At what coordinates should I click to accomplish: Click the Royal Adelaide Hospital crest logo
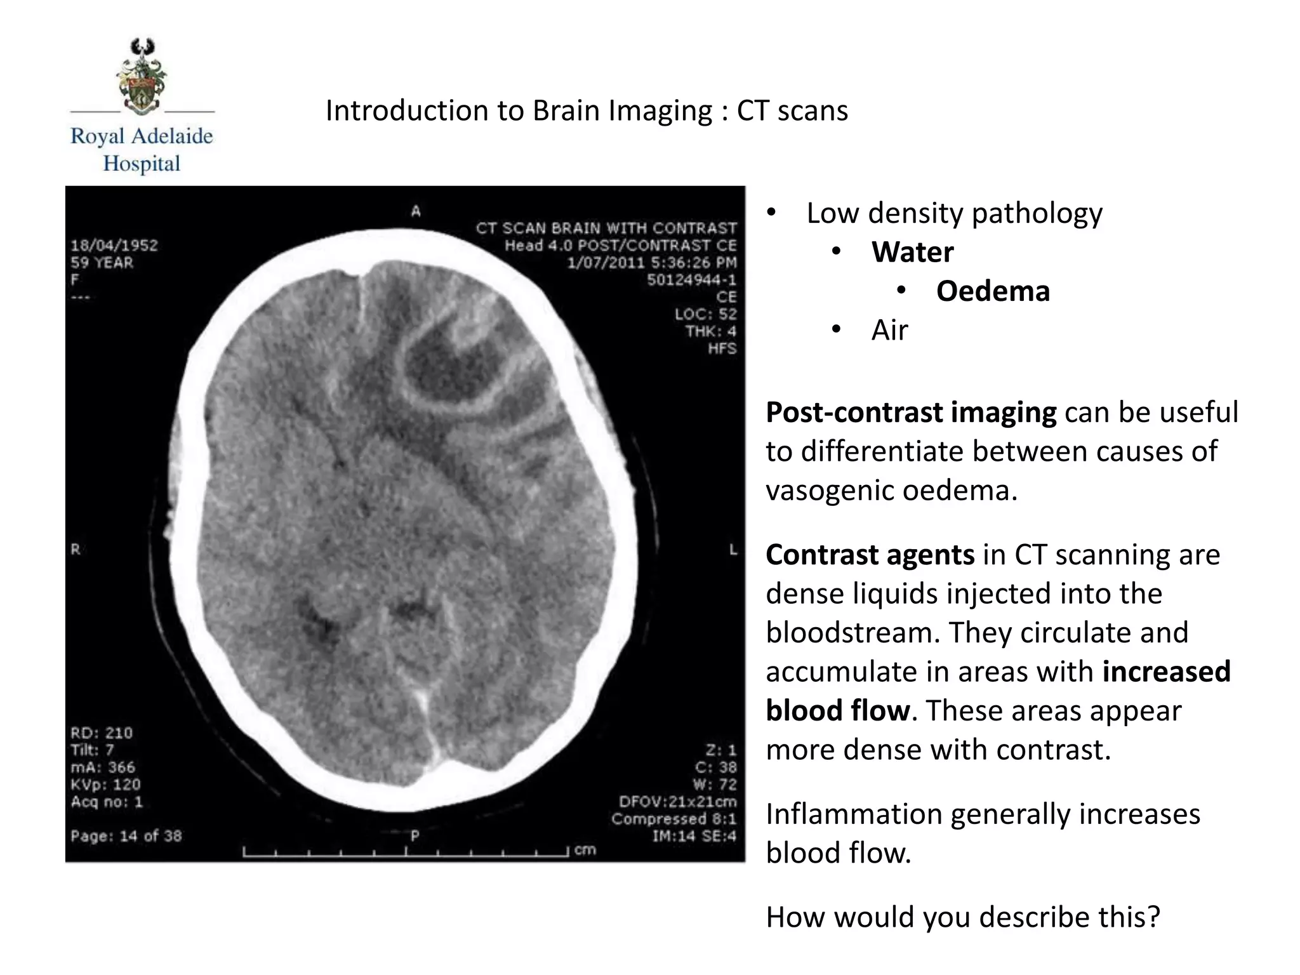coord(142,76)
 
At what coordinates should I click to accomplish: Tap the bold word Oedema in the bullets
coord(993,291)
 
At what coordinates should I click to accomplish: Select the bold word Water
coord(912,252)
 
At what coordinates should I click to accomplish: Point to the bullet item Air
coord(889,330)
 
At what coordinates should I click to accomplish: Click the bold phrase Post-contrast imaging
coord(911,413)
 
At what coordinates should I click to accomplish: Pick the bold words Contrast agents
coord(870,555)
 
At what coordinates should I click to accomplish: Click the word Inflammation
coord(853,814)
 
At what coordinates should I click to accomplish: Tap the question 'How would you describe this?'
coord(962,917)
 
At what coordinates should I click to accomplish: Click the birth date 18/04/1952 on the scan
coord(114,246)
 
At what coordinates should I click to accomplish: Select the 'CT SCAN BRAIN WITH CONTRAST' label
coord(606,229)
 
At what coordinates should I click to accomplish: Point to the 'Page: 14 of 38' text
coord(126,836)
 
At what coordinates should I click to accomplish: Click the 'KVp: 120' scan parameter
coord(105,785)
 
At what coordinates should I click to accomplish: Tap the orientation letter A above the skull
coord(416,211)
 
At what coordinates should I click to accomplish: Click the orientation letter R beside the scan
coord(76,550)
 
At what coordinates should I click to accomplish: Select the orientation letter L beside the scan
coord(733,550)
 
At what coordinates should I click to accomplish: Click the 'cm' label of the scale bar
coord(585,850)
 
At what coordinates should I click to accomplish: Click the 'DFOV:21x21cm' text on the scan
coord(677,802)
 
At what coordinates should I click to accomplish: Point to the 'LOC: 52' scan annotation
coord(705,314)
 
